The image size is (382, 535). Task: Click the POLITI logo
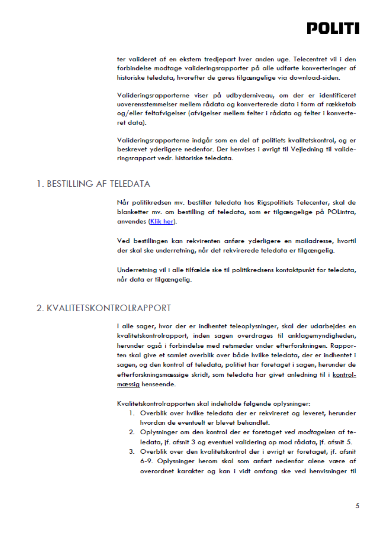(333, 28)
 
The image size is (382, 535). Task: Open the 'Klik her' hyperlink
(162, 221)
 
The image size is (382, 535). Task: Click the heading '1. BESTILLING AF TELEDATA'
(93, 184)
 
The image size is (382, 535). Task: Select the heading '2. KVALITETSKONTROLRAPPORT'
(103, 308)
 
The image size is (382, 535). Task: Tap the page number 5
(357, 506)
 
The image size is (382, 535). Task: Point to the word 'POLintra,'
(341, 212)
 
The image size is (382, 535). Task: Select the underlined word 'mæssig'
(128, 384)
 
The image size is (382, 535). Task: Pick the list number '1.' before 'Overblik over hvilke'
(132, 413)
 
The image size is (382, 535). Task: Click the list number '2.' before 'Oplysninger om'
(132, 432)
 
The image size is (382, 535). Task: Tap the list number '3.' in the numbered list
(132, 452)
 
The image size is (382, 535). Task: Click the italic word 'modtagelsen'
(316, 432)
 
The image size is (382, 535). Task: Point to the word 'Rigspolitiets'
(275, 202)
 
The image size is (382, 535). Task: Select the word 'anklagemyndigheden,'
(322, 336)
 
